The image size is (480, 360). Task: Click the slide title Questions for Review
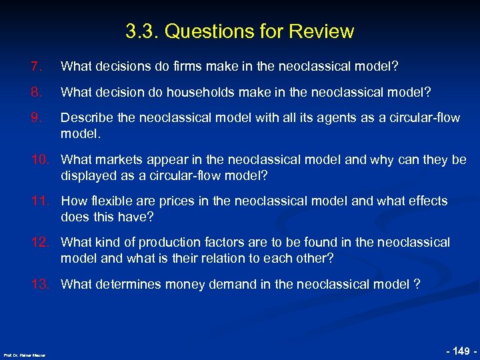click(x=239, y=31)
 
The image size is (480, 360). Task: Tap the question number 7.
click(x=36, y=67)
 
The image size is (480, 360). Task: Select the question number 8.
click(x=36, y=92)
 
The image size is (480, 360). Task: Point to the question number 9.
click(x=36, y=118)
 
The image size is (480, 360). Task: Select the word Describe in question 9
click(x=86, y=118)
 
